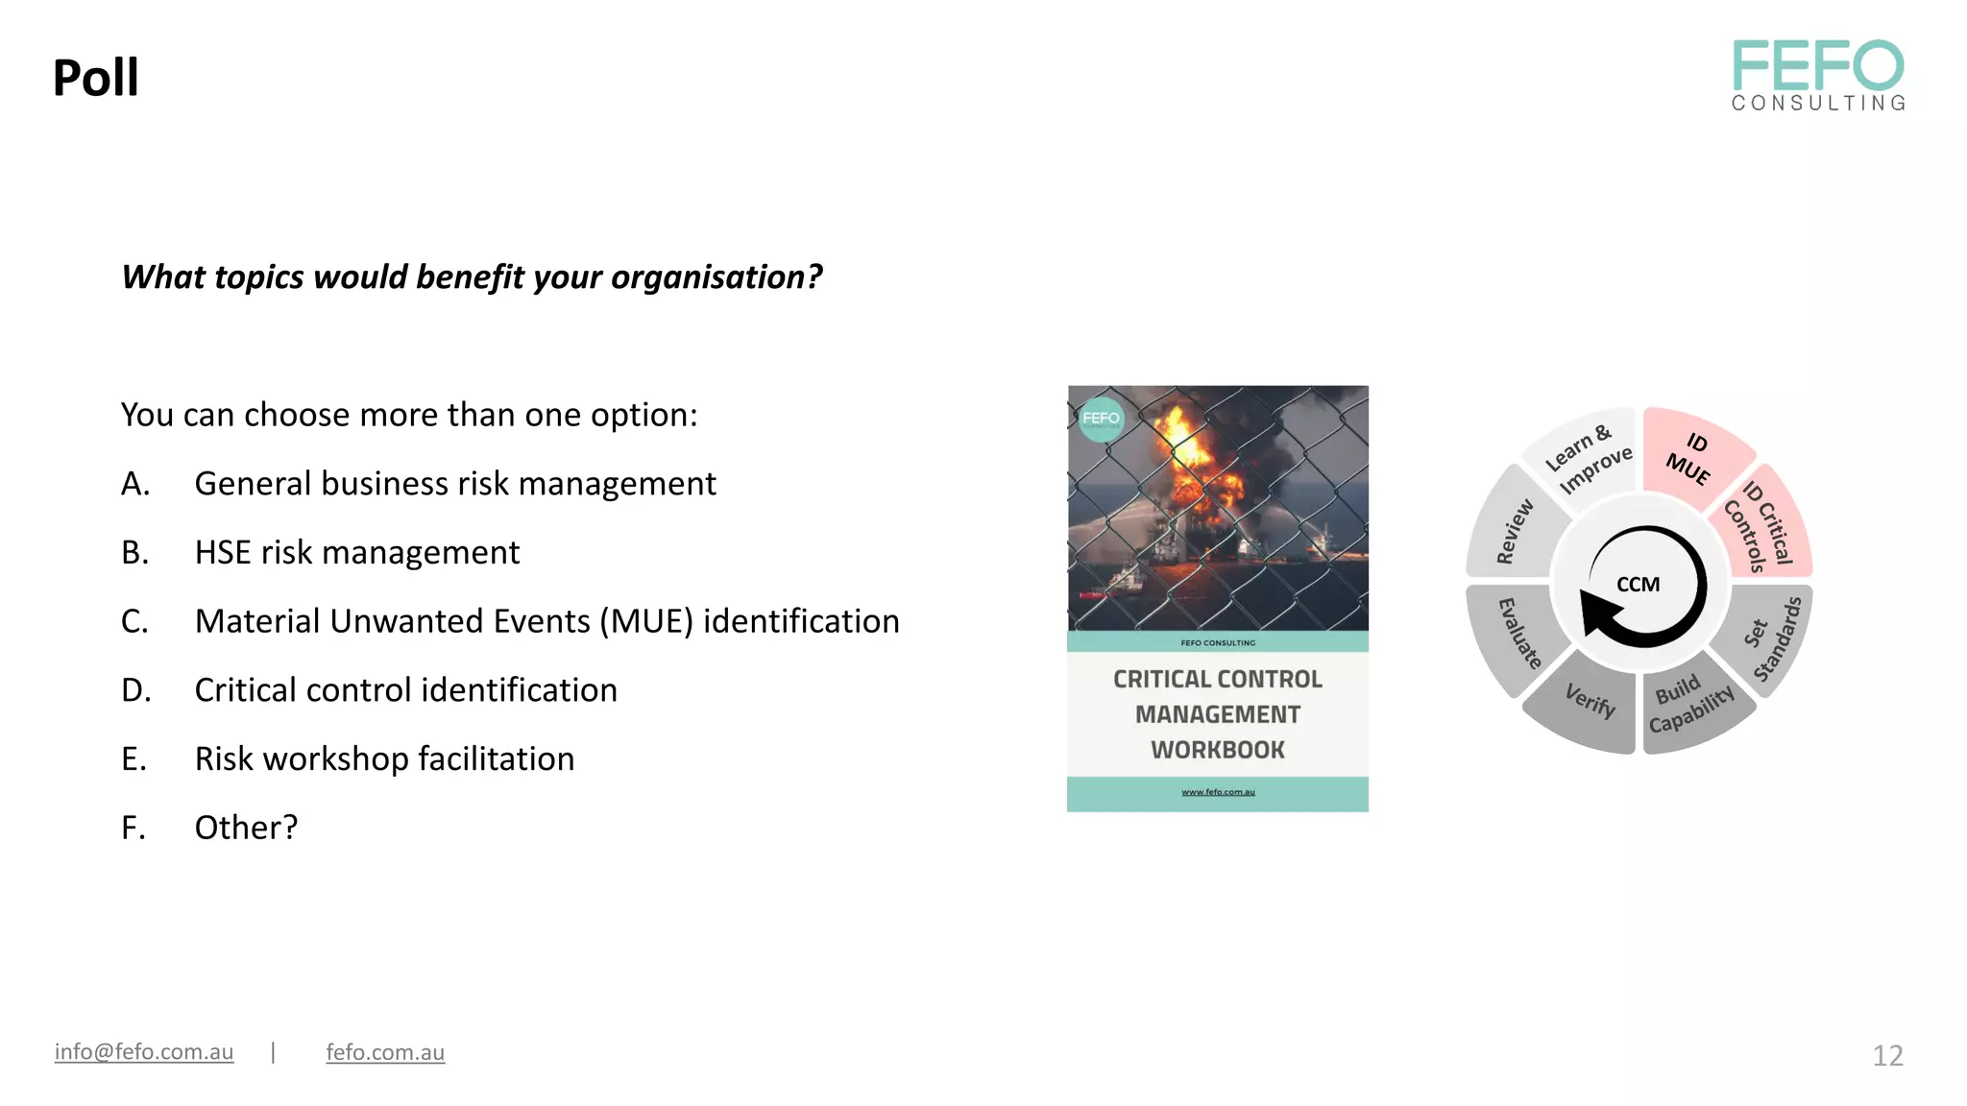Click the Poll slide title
coord(95,78)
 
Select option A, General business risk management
coord(454,484)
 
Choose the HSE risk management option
coord(356,553)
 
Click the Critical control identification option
coord(405,690)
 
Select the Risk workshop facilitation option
coord(384,759)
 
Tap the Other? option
coord(246,828)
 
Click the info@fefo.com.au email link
coord(144,1052)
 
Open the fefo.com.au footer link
coord(385,1052)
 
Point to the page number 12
coord(1887,1056)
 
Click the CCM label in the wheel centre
coord(1639,585)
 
